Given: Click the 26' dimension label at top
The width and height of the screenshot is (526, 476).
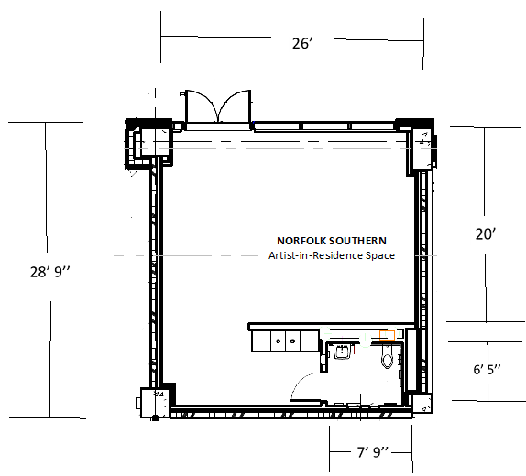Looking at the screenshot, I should coord(303,45).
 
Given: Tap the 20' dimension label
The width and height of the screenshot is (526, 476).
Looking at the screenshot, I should coord(485,234).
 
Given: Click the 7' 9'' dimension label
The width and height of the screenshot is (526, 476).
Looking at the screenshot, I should coord(373,452).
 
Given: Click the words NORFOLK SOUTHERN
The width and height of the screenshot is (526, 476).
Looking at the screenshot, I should coord(331,241).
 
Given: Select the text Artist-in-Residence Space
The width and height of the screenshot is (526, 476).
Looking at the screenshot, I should coord(331,255).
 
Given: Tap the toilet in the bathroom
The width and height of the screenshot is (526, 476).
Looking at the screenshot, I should coord(388,359).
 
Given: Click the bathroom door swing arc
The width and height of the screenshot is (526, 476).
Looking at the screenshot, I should coord(310,384).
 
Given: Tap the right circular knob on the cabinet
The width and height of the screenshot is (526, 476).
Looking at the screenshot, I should coord(292,341).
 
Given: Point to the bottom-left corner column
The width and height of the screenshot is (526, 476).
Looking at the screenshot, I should coord(149,402).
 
